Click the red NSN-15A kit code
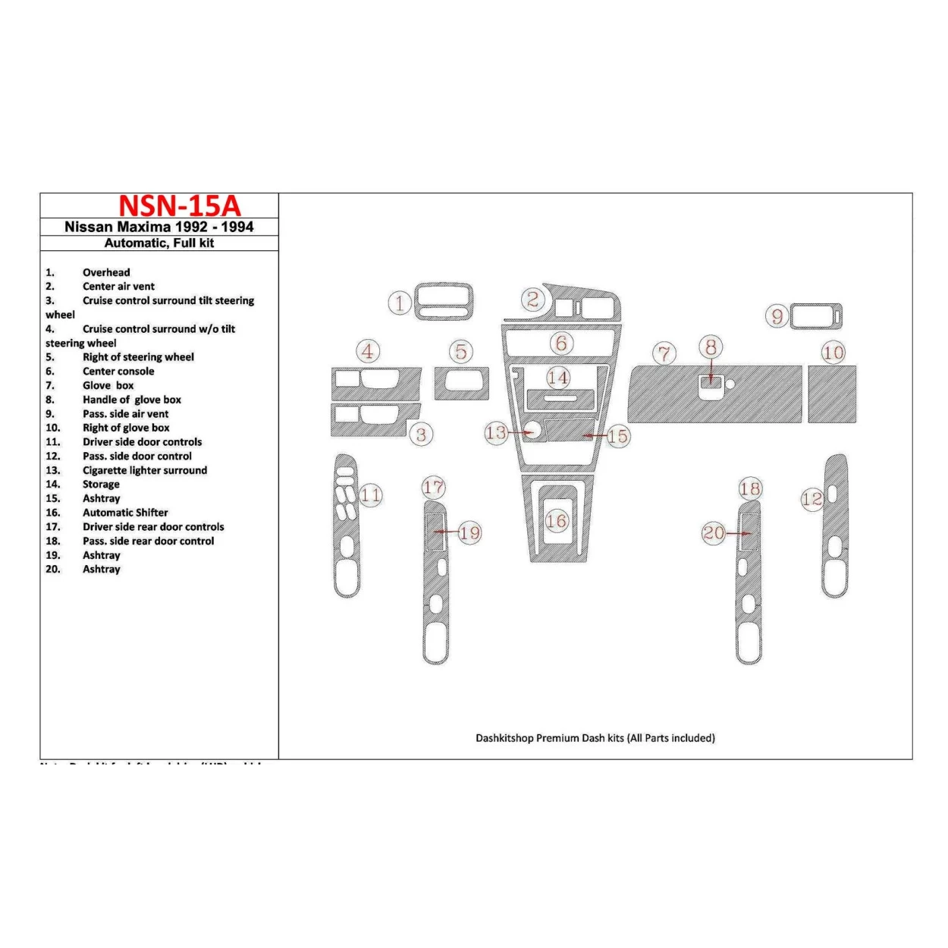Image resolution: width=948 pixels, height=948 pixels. pos(179,206)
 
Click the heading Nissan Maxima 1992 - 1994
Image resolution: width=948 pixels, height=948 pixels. pos(159,227)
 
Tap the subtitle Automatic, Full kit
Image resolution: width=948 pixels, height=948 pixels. pos(159,243)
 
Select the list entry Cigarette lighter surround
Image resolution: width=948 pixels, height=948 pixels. pos(144,470)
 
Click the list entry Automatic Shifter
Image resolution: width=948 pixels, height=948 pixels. pos(125,513)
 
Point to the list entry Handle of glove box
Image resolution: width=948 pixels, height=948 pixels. pos(132,400)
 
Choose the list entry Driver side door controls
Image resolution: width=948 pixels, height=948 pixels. pos(142,442)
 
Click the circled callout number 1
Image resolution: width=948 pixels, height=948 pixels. pos(400,303)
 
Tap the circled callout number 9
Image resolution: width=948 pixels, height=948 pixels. pos(777,316)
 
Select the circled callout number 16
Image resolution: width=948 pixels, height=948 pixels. pos(557,521)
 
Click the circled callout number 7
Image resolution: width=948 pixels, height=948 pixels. pos(664,353)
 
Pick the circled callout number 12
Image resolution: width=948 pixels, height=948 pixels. pos(811,499)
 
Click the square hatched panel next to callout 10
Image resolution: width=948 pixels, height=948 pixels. pos(832,394)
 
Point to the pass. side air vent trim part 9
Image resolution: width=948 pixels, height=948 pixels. pos(816,316)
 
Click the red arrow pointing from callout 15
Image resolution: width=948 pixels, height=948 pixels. pos(595,436)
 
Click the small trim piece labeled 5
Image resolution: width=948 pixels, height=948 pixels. pos(461,384)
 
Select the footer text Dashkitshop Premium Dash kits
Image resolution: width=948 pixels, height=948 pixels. pos(595,738)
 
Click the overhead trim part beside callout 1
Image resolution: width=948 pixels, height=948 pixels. pos(444,303)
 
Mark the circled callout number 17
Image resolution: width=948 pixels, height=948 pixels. pos(434,487)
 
